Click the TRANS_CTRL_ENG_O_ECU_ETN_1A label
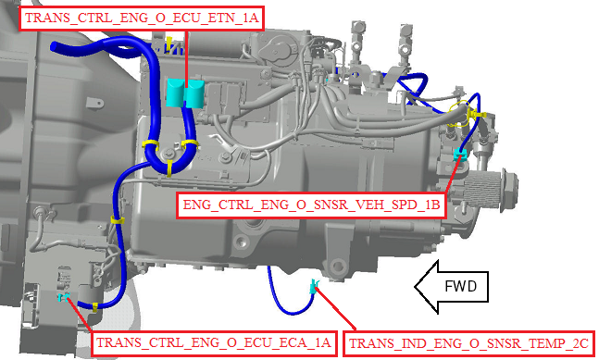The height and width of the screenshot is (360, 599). [x=141, y=18]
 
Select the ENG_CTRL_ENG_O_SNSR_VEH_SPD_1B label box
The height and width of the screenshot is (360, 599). [x=311, y=205]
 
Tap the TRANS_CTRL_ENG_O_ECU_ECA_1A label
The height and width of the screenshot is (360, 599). [x=213, y=343]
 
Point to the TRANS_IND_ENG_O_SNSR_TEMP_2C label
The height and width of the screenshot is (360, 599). [x=469, y=344]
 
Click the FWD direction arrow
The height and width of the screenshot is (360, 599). [x=451, y=287]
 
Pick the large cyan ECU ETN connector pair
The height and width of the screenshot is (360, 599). [x=184, y=93]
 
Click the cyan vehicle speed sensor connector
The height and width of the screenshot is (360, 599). [x=460, y=155]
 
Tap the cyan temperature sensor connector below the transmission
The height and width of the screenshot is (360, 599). [x=314, y=286]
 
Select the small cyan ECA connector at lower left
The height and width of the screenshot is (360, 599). [x=63, y=297]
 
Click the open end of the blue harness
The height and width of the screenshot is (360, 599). [x=54, y=46]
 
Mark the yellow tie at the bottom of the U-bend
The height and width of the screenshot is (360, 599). [x=168, y=168]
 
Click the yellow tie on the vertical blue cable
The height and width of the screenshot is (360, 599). [x=118, y=220]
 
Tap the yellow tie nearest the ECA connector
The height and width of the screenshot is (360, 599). [x=94, y=306]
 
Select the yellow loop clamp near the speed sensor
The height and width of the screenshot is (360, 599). [x=459, y=113]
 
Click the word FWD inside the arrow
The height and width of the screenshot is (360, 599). [x=461, y=286]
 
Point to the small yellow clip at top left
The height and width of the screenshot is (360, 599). [x=168, y=42]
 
